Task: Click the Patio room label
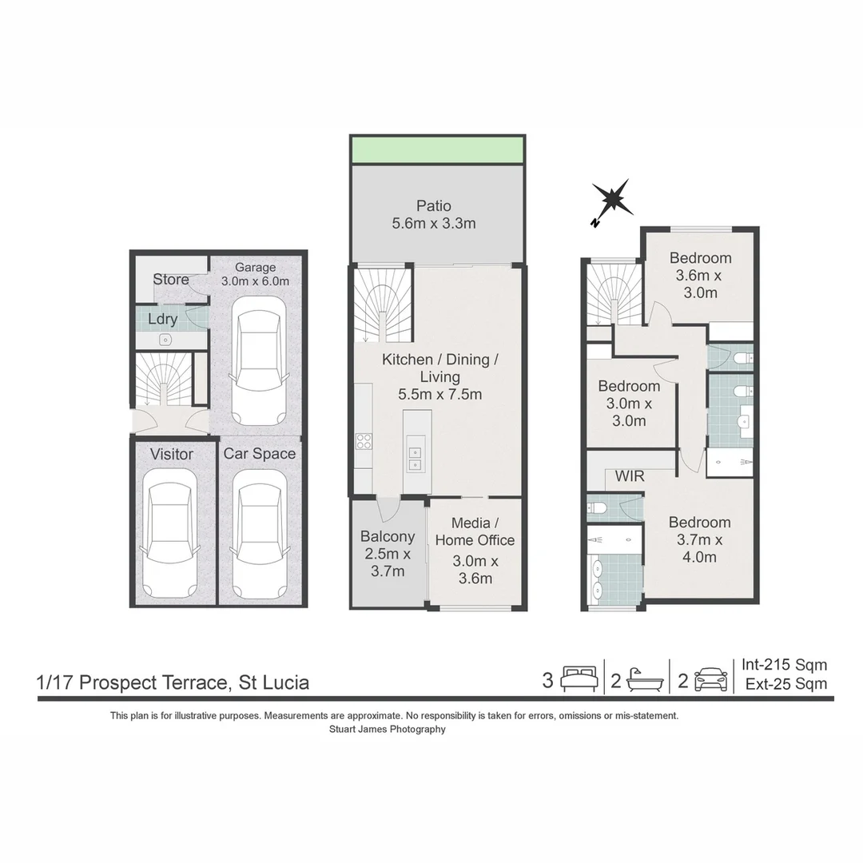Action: (x=434, y=205)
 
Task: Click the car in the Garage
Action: (x=258, y=361)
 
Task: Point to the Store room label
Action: (x=171, y=280)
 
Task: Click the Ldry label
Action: (x=163, y=319)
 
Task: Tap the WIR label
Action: (x=630, y=477)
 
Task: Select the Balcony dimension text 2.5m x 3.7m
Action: (x=387, y=563)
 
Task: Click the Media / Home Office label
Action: (x=475, y=531)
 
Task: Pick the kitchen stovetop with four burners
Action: (x=364, y=442)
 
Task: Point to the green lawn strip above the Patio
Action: (x=437, y=149)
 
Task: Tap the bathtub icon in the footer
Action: (x=645, y=680)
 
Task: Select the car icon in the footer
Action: (x=710, y=680)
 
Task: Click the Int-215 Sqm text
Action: (x=784, y=665)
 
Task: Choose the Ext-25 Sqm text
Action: (x=785, y=684)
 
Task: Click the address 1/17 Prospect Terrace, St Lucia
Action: (x=173, y=683)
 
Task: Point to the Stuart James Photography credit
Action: (x=387, y=729)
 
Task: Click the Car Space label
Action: (x=259, y=454)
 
